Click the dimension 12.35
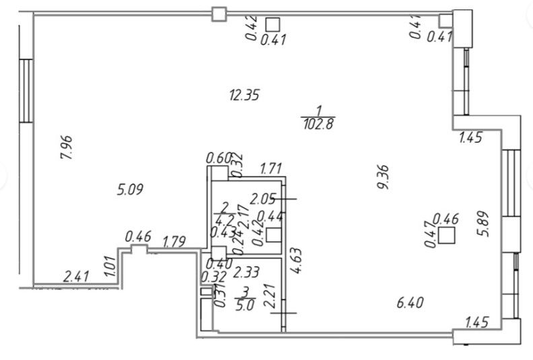[x=244, y=95]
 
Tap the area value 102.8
[x=318, y=123]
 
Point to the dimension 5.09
[x=131, y=190]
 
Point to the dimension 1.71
[x=271, y=167]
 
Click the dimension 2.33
[x=247, y=273]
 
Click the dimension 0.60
[x=219, y=159]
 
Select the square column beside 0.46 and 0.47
[x=446, y=236]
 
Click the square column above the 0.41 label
[x=273, y=24]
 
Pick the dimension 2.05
[x=263, y=199]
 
